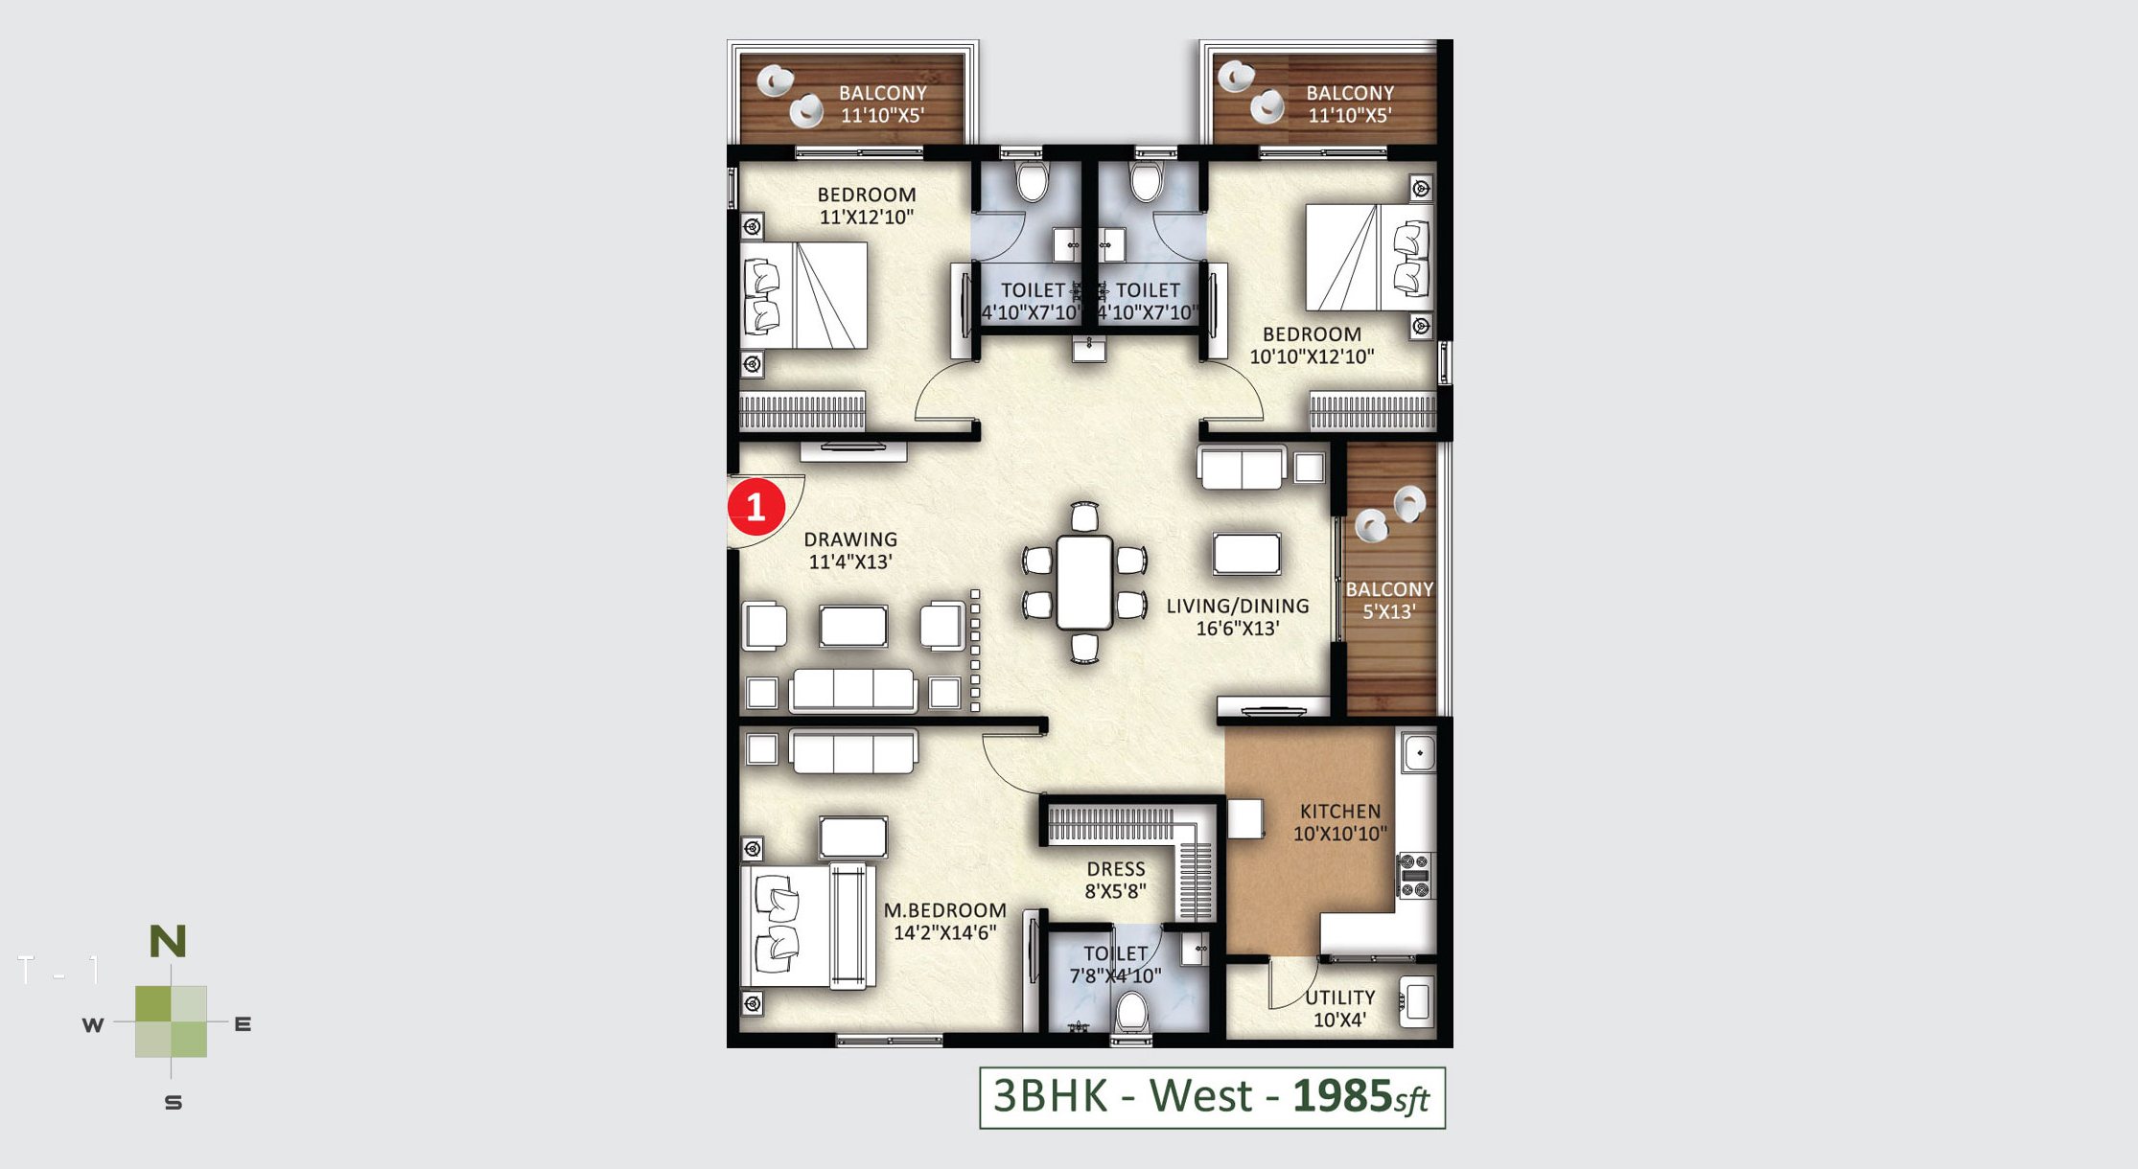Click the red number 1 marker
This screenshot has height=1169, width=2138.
point(755,507)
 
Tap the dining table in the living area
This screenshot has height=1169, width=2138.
point(1084,583)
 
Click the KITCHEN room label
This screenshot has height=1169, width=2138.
point(1340,812)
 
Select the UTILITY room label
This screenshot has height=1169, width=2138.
point(1340,997)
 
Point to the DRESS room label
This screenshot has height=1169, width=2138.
point(1116,869)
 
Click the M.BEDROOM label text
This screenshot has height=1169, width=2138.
point(945,910)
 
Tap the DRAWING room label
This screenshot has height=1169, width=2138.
point(850,539)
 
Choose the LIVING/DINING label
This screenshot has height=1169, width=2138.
point(1238,607)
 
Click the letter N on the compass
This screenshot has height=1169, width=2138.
point(168,942)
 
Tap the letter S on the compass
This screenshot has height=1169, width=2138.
point(174,1103)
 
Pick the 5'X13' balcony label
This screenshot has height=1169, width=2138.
point(1389,611)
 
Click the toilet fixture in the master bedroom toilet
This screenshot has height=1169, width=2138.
point(1132,1014)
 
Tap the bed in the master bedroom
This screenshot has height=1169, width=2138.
point(807,926)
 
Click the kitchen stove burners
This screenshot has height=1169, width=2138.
point(1415,876)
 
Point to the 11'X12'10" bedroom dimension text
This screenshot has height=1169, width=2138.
point(867,218)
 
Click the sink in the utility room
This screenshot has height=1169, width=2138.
point(1417,1002)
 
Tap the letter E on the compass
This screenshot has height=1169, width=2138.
point(244,1024)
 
